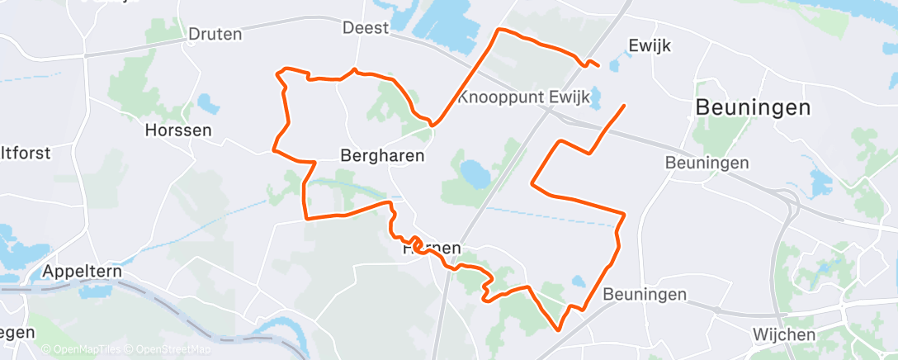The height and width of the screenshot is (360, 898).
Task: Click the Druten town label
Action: [x=215, y=34]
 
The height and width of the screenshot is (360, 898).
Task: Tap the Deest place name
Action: [x=365, y=28]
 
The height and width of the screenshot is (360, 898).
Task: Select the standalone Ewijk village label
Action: [x=650, y=45]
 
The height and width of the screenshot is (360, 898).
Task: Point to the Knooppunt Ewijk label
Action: [x=523, y=97]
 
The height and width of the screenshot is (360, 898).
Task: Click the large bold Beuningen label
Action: [x=753, y=107]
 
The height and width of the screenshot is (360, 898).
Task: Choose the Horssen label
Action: [x=177, y=130]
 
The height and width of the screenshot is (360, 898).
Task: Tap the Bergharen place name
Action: [x=382, y=155]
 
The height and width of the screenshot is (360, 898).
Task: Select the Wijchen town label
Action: [x=783, y=334]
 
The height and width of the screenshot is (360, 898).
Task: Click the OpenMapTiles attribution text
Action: [x=81, y=350]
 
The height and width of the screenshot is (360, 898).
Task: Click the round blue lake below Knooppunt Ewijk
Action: [x=475, y=175]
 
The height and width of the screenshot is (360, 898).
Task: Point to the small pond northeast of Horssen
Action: [x=207, y=104]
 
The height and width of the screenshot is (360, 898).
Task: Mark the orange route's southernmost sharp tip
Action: [x=560, y=329]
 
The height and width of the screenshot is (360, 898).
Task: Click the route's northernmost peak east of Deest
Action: [x=499, y=30]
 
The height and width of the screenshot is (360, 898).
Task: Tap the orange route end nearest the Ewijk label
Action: [x=598, y=65]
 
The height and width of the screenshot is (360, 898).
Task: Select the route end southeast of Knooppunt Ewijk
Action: [x=623, y=106]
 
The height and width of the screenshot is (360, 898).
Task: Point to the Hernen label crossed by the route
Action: [x=430, y=249]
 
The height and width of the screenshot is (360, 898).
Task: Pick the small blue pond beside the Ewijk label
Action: [x=616, y=64]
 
